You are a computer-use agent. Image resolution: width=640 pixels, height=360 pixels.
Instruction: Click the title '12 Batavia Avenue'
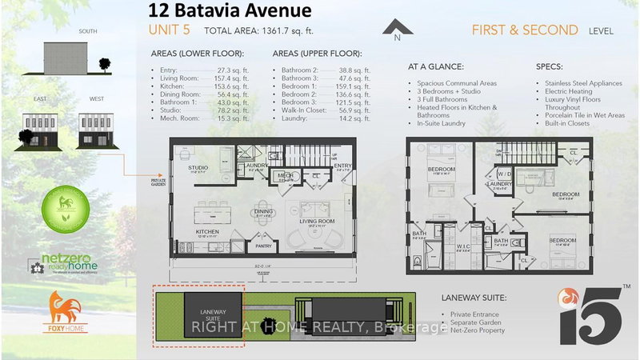click(218, 10)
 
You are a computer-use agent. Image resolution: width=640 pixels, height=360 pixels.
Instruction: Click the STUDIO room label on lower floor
click(198, 168)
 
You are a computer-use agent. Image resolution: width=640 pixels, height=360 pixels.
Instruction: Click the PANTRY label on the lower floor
click(263, 236)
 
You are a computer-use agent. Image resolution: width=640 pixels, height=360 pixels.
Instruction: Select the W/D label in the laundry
click(505, 174)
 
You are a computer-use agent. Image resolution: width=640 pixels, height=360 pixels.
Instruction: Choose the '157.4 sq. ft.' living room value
click(232, 78)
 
